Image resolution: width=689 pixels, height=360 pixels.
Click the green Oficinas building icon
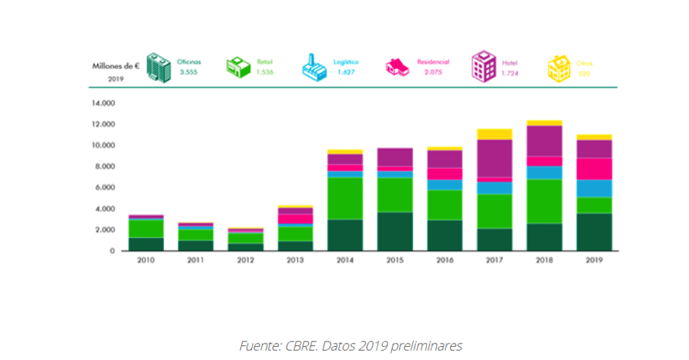click(x=159, y=68)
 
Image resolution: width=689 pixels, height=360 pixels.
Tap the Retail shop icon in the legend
click(x=238, y=68)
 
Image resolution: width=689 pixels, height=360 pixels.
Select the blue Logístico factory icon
click(x=313, y=68)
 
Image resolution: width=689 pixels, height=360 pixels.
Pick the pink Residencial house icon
click(x=397, y=68)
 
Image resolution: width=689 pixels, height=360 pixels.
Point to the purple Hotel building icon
click(x=482, y=68)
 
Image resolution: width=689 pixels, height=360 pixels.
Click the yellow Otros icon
click(x=558, y=68)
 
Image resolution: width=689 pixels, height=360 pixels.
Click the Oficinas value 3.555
click(x=189, y=72)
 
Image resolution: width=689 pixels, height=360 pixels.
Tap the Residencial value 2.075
click(x=433, y=72)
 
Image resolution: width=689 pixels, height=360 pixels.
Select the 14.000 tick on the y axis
click(x=103, y=103)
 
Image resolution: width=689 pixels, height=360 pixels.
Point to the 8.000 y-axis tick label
click(x=105, y=166)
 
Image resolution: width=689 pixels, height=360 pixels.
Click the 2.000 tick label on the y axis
click(x=105, y=230)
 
